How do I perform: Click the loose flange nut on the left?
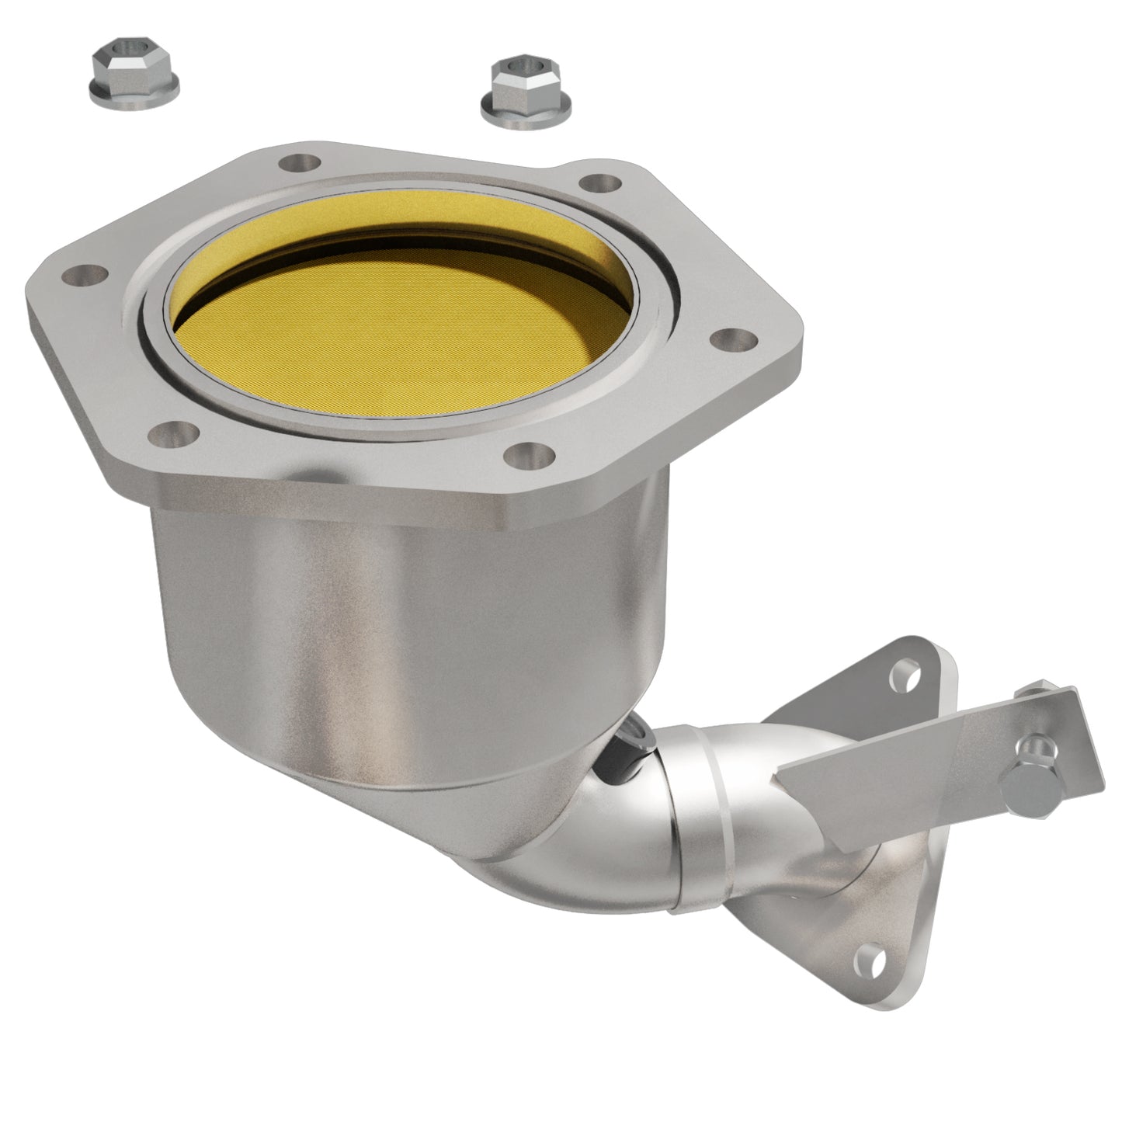(135, 75)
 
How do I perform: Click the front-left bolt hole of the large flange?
(178, 429)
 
